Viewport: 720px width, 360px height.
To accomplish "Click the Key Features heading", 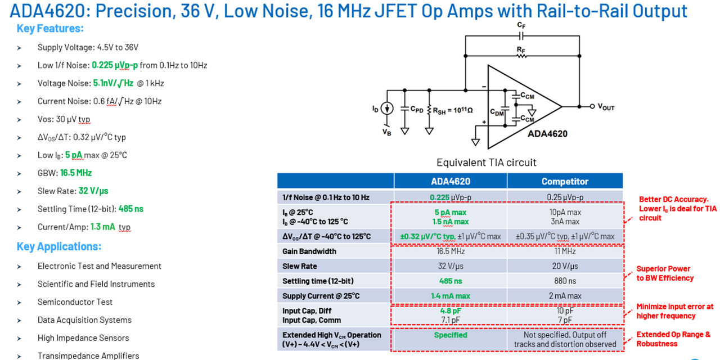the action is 50,29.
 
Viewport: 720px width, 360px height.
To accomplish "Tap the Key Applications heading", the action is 59,246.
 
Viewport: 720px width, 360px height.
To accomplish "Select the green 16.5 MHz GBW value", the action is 76,173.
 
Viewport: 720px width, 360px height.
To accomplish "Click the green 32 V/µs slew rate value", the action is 93,191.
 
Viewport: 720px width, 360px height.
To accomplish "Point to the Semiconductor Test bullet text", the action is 75,302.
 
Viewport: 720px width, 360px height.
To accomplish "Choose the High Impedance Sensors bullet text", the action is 83,338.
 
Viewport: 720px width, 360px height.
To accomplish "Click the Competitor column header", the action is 565,181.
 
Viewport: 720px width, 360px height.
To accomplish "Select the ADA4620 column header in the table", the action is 451,181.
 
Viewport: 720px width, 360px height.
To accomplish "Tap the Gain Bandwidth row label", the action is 309,251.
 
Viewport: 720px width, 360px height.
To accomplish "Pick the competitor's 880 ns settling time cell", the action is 565,281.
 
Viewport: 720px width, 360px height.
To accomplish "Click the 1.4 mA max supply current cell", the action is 451,296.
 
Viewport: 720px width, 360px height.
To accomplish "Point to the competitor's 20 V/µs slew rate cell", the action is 565,266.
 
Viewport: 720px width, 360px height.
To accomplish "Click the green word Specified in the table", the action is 451,335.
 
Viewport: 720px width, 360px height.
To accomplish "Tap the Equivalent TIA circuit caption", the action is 487,163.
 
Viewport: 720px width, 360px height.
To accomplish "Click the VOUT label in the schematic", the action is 606,107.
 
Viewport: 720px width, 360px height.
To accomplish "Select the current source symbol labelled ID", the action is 387,109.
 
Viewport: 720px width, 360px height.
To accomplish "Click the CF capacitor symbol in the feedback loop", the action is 521,37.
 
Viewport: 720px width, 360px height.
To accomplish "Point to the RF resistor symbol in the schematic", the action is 521,56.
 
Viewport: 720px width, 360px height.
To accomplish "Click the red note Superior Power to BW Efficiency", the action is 665,273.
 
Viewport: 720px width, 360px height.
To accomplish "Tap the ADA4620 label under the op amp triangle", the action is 547,134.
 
